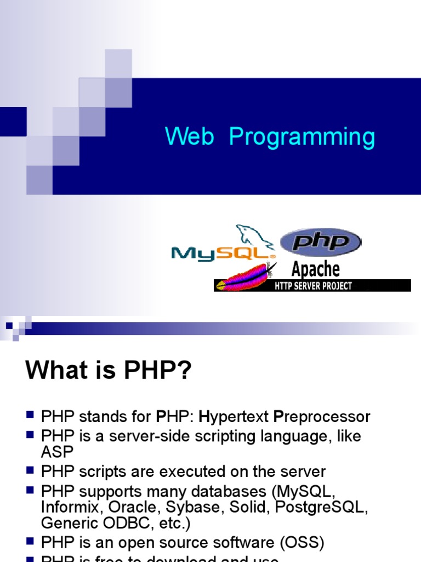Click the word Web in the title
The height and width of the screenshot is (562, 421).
[189, 137]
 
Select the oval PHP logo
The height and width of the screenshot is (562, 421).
[321, 242]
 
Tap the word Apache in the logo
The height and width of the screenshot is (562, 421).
[315, 269]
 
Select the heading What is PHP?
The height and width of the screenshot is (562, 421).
[109, 372]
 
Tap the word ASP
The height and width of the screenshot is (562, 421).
[57, 451]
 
